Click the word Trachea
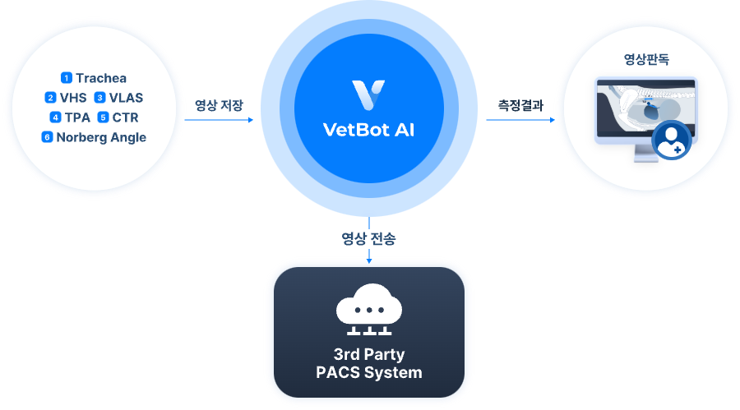click(x=101, y=79)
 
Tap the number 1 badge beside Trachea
click(x=67, y=79)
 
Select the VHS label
click(x=73, y=99)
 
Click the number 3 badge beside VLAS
click(x=99, y=99)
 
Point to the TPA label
click(x=77, y=117)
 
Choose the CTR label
click(x=125, y=117)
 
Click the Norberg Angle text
click(x=101, y=137)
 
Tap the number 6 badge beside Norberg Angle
click(x=48, y=137)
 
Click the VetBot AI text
click(x=368, y=130)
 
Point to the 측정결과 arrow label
click(x=520, y=105)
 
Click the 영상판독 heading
click(x=646, y=60)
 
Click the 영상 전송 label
click(x=368, y=239)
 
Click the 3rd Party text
click(x=368, y=355)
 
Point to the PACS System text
click(x=368, y=372)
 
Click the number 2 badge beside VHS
click(x=50, y=99)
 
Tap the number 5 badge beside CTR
click(x=104, y=117)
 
